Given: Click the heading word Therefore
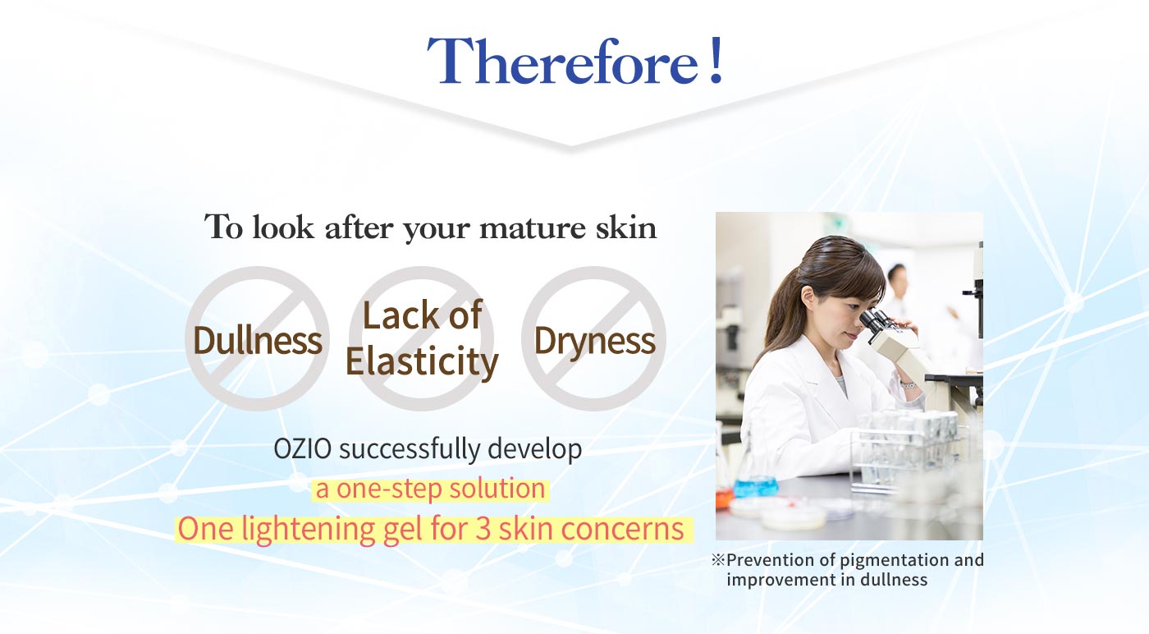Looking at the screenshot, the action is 563,61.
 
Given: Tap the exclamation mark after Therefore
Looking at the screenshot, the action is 716,60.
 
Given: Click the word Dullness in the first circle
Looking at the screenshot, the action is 258,340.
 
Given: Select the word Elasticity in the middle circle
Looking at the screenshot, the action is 422,361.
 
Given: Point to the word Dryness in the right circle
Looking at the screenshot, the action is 594,342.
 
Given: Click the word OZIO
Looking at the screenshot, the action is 303,448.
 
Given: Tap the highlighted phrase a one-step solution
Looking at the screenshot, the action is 430,489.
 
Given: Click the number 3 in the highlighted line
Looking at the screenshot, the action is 483,529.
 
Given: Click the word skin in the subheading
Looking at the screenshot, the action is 626,227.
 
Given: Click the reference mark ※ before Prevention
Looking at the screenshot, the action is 717,559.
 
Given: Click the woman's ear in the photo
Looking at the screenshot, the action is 808,299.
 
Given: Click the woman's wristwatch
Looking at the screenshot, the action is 908,384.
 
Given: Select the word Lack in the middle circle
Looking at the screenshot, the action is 393,315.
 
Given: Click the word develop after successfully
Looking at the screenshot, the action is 534,450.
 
